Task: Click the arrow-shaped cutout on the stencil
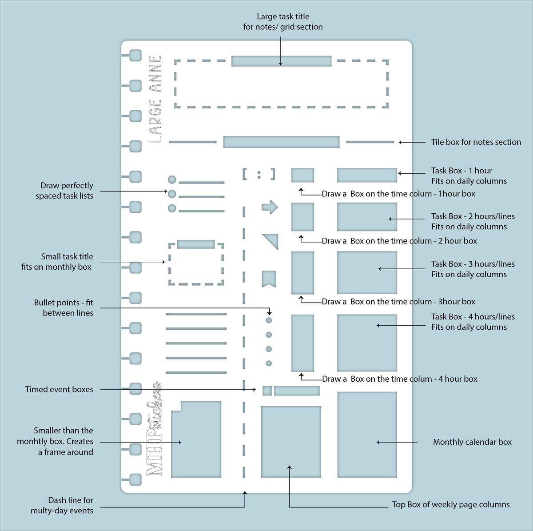pyautogui.click(x=270, y=207)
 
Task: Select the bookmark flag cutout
pyautogui.click(x=269, y=279)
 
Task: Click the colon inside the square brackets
pyautogui.click(x=259, y=175)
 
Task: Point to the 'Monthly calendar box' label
pyautogui.click(x=472, y=442)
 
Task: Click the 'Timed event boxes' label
pyautogui.click(x=59, y=389)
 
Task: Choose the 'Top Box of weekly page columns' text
pyautogui.click(x=450, y=504)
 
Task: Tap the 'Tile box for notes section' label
pyautogui.click(x=476, y=142)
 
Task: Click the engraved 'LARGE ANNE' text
pyautogui.click(x=155, y=99)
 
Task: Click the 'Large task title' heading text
pyautogui.click(x=283, y=16)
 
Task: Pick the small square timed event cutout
pyautogui.click(x=267, y=391)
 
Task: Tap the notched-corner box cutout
pyautogui.click(x=196, y=439)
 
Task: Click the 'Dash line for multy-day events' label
pyautogui.click(x=62, y=505)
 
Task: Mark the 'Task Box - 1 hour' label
pyautogui.click(x=461, y=171)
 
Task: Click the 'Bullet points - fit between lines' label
pyautogui.click(x=64, y=307)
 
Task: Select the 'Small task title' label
pyautogui.click(x=67, y=256)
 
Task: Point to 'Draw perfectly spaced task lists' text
pyautogui.click(x=64, y=191)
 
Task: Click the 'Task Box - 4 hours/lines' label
pyautogui.click(x=473, y=316)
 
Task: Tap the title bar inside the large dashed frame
pyautogui.click(x=281, y=61)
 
